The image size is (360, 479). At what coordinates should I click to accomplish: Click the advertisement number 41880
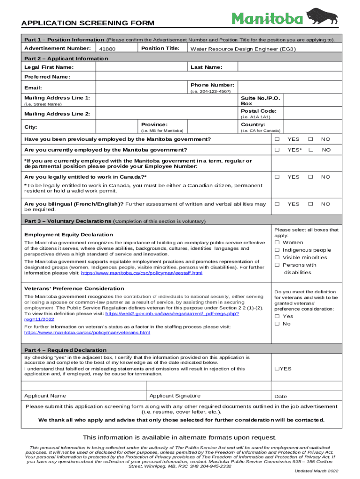click(107, 49)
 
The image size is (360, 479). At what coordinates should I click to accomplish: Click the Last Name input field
click(289, 67)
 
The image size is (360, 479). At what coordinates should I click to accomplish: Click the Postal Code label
click(258, 111)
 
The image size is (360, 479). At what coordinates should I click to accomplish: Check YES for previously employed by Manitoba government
click(277, 139)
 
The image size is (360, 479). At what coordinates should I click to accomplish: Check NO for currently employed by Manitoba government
click(310, 150)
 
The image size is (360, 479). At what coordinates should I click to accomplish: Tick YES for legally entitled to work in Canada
click(277, 177)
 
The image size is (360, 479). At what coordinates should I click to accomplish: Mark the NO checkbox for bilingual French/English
click(310, 204)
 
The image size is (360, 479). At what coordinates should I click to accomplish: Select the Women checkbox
click(277, 242)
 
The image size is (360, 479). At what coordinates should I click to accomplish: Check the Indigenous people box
click(277, 250)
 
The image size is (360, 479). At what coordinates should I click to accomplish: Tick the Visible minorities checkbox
click(277, 257)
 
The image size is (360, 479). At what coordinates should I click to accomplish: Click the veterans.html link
click(87, 333)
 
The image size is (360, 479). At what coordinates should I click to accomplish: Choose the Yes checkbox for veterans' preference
click(277, 316)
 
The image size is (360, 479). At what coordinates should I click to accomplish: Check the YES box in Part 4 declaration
click(277, 369)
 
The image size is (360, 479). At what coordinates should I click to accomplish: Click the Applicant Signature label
click(175, 396)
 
